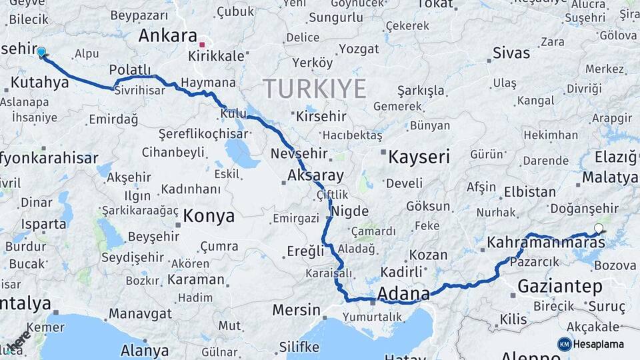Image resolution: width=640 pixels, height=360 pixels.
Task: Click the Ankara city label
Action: [167, 36]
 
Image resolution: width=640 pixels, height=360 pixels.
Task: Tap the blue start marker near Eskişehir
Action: [41, 52]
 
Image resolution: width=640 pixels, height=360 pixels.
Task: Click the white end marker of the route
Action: [598, 229]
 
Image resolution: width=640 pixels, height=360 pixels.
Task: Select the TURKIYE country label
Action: [314, 88]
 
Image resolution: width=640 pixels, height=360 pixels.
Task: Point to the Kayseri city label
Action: [419, 157]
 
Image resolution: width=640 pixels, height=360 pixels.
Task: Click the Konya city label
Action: [209, 215]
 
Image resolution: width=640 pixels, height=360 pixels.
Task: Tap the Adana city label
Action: [403, 293]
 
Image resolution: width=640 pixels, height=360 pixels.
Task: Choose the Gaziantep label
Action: [559, 287]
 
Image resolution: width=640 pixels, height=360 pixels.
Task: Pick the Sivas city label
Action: [511, 53]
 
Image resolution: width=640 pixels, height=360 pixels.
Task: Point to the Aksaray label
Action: [315, 176]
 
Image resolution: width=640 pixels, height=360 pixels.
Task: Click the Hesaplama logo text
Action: [600, 344]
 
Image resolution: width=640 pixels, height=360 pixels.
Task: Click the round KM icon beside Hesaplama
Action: [564, 344]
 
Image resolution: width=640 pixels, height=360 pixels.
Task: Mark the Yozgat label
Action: [359, 49]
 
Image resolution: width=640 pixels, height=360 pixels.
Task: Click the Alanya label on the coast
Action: [144, 350]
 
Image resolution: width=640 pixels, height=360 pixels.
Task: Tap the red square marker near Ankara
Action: [202, 45]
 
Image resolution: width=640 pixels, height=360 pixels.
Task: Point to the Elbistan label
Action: [530, 192]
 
